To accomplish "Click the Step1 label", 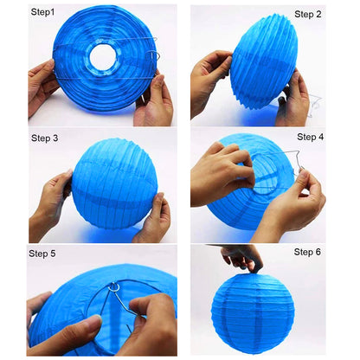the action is click(x=42, y=12).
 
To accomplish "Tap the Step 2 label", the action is click(x=308, y=15).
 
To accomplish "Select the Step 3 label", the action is click(x=45, y=138).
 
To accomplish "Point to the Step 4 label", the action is click(x=311, y=137).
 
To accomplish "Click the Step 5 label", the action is click(x=42, y=254).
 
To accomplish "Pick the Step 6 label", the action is click(x=307, y=252).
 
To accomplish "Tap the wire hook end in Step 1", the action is click(x=155, y=55).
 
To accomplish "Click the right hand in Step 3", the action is click(x=154, y=219).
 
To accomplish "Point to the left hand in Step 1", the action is click(x=42, y=87).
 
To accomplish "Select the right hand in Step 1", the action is click(x=153, y=101).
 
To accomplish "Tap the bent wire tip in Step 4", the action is click(x=300, y=168).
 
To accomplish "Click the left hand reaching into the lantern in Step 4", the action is click(x=222, y=173).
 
